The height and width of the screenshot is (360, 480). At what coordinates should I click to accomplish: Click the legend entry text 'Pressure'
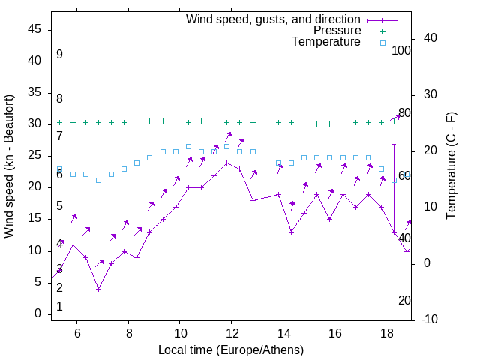[337, 31]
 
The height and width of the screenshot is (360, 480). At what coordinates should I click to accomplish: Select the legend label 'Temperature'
[326, 43]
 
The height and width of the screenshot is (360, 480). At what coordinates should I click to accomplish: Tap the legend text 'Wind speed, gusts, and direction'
[274, 19]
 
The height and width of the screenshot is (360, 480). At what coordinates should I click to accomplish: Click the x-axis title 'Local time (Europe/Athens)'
[231, 349]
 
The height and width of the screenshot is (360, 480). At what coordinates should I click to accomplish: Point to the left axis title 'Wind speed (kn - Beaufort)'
[9, 166]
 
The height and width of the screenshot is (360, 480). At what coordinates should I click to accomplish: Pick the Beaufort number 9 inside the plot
[59, 55]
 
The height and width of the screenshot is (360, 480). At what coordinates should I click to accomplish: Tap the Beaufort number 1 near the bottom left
[59, 306]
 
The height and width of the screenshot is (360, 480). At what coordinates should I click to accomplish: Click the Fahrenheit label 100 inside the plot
[402, 51]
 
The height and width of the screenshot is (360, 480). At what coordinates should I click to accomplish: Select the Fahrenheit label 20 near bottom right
[404, 300]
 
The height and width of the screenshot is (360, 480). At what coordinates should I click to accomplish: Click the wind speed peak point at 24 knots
[226, 162]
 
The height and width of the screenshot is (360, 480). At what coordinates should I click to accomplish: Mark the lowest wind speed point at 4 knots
[98, 289]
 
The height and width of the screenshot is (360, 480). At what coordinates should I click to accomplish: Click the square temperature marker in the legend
[382, 43]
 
